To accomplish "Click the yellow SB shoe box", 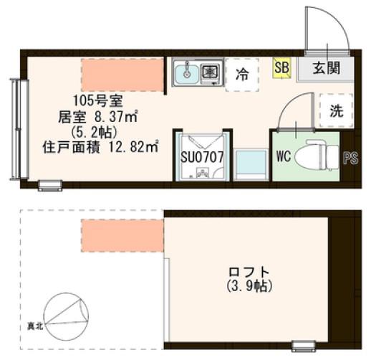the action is tap(281, 68).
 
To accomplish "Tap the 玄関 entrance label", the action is tap(327, 68).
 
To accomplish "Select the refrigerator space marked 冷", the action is tap(242, 75).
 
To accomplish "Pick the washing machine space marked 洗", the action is tap(336, 110).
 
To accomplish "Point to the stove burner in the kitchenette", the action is tap(211, 71).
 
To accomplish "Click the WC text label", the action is tap(283, 156).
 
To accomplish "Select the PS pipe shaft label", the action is tap(351, 158).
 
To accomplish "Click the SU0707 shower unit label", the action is tap(202, 157).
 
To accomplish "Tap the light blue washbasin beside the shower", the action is tap(251, 164).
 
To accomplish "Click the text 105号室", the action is tap(97, 101).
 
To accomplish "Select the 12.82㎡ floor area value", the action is tap(134, 148).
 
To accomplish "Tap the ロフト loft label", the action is tap(249, 272).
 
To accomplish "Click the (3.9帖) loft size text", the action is tap(249, 286).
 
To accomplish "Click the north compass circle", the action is tap(66, 316).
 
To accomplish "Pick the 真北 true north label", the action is tap(35, 326).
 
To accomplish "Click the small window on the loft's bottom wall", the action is tap(304, 346).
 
